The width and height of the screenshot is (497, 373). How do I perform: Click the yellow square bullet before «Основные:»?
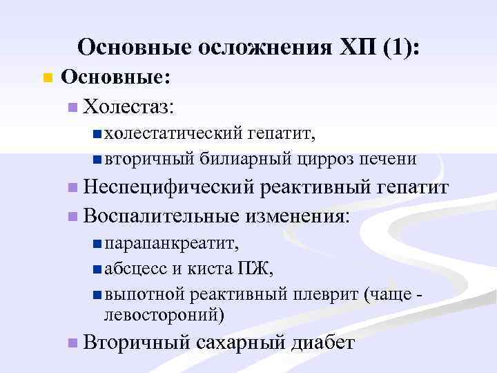tap(47, 77)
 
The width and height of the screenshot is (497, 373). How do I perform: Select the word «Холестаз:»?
tap(128, 106)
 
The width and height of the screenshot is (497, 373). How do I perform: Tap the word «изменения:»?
tap(297, 215)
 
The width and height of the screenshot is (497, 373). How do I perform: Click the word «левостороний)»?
tap(164, 316)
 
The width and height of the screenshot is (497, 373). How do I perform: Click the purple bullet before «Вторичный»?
tap(73, 343)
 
